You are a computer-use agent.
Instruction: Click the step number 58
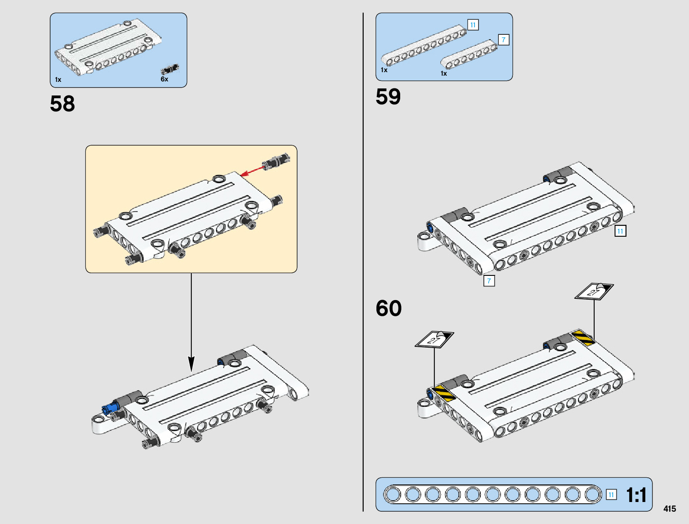pos(63,104)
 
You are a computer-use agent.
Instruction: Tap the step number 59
pos(388,96)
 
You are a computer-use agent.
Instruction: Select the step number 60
pos(389,308)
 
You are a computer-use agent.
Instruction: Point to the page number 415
pos(670,509)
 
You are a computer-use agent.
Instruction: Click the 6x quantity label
pos(165,79)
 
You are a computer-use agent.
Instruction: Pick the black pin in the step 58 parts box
pos(170,69)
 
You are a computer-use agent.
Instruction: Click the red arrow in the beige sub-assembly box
pos(252,171)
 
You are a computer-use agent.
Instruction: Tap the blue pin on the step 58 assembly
pos(110,408)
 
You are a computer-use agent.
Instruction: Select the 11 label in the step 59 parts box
pos(473,25)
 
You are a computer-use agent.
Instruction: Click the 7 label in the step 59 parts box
pos(504,40)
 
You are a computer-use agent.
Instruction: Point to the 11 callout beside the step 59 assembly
pos(620,231)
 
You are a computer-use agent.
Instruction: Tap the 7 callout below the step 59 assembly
pos(489,281)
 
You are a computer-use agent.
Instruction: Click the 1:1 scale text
pos(636,495)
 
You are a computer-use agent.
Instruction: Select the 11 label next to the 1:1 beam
pos(611,495)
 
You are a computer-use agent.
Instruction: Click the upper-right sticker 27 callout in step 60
pos(594,292)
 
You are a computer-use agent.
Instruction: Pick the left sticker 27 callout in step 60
pos(435,339)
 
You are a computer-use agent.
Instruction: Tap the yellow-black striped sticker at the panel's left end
pos(444,393)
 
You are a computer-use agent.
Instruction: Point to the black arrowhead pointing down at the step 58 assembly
pos(191,364)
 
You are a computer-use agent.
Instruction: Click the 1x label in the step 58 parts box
pos(58,80)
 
